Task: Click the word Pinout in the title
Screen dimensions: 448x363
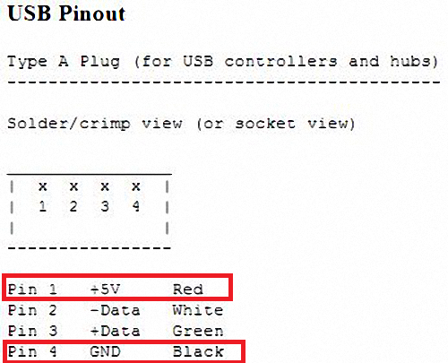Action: [92, 13]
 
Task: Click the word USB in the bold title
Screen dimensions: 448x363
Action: [29, 13]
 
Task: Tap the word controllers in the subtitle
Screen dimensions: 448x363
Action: [281, 61]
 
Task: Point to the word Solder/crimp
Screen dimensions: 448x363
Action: [69, 124]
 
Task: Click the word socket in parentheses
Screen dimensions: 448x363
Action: [265, 124]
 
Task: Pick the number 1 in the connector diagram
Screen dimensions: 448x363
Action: [43, 206]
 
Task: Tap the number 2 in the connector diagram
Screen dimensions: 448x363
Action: [73, 206]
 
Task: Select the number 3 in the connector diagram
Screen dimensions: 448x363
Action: [105, 206]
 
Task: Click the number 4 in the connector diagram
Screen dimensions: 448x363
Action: [136, 206]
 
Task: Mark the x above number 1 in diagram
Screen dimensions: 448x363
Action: [43, 186]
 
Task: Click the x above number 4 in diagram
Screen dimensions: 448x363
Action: [136, 186]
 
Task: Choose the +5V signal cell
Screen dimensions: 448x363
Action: [105, 290]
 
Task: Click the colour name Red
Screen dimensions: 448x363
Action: [188, 290]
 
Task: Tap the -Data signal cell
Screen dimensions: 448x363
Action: [115, 310]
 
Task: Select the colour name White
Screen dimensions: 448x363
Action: [198, 310]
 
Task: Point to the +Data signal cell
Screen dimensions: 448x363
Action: [115, 331]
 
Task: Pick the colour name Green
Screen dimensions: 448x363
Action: [198, 331]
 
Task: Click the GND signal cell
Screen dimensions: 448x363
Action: [105, 351]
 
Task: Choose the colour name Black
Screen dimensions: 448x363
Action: [198, 351]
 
